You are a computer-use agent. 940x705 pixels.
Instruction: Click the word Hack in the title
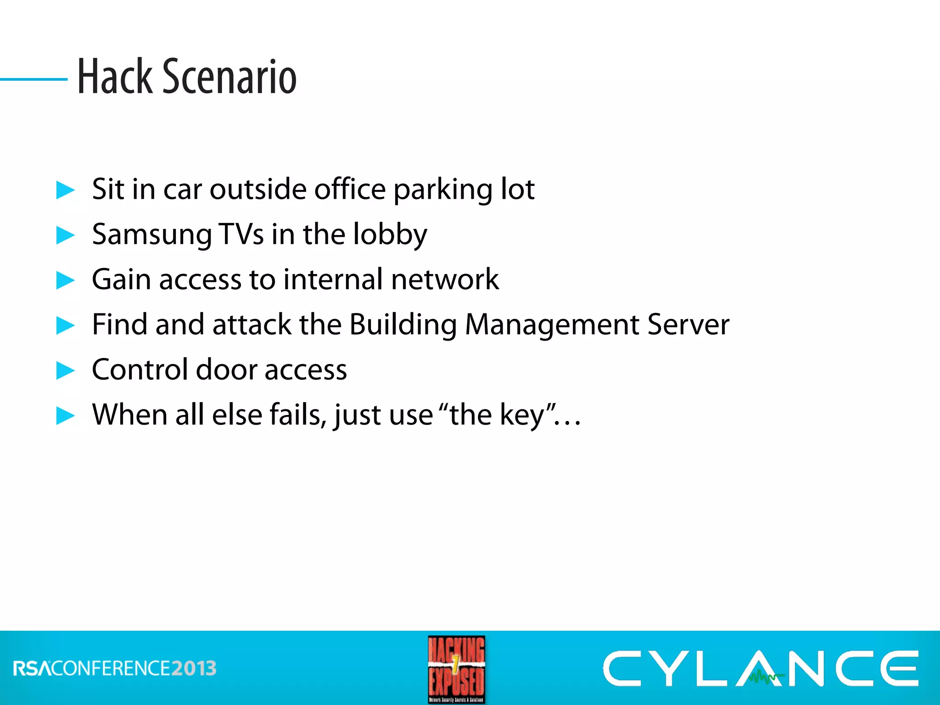tap(115, 77)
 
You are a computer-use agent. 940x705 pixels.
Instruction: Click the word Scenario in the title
tap(229, 77)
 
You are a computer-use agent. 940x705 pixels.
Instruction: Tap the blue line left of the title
tap(34, 79)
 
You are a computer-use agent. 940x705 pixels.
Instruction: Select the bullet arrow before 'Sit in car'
tap(65, 190)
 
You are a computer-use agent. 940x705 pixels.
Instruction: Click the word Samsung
tap(151, 235)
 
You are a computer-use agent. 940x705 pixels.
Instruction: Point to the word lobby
tap(390, 235)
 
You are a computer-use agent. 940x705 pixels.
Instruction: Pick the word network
tap(445, 279)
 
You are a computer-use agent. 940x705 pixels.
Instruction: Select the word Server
tap(688, 325)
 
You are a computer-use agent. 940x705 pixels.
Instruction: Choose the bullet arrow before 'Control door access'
tap(65, 370)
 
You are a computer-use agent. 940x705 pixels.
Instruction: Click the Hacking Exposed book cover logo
tap(456, 669)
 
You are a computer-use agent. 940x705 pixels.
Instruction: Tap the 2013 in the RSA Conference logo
tap(194, 668)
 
